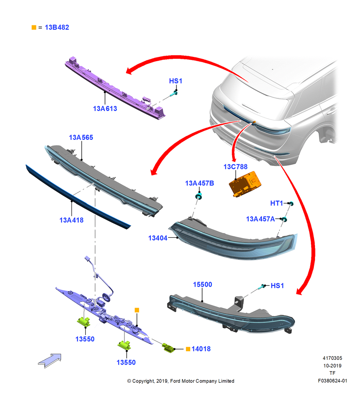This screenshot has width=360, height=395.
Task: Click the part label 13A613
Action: (105, 109)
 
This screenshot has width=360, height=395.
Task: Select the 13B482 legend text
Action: (57, 28)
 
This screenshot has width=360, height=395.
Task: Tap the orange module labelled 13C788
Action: (245, 184)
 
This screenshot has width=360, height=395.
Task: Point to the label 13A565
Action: (81, 137)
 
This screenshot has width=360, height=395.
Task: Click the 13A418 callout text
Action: (71, 220)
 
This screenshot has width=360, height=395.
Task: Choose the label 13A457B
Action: (200, 183)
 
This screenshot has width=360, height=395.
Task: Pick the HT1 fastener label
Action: (276, 203)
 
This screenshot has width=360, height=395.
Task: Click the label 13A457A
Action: (260, 219)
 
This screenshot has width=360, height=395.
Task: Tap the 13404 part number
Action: (158, 238)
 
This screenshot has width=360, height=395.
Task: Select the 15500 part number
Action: (202, 285)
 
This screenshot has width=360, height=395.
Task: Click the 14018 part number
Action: (201, 349)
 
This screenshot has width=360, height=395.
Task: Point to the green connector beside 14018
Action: (169, 348)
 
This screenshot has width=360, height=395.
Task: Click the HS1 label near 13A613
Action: (176, 81)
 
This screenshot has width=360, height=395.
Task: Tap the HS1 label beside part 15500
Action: (277, 286)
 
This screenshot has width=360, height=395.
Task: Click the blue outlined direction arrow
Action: (50, 361)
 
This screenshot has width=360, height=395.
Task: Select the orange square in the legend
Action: (34, 28)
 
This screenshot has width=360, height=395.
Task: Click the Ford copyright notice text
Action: (181, 381)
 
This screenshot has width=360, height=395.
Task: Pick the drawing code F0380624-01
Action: (332, 381)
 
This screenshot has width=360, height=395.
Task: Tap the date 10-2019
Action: (332, 366)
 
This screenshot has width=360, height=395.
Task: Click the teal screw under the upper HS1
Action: (173, 94)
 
